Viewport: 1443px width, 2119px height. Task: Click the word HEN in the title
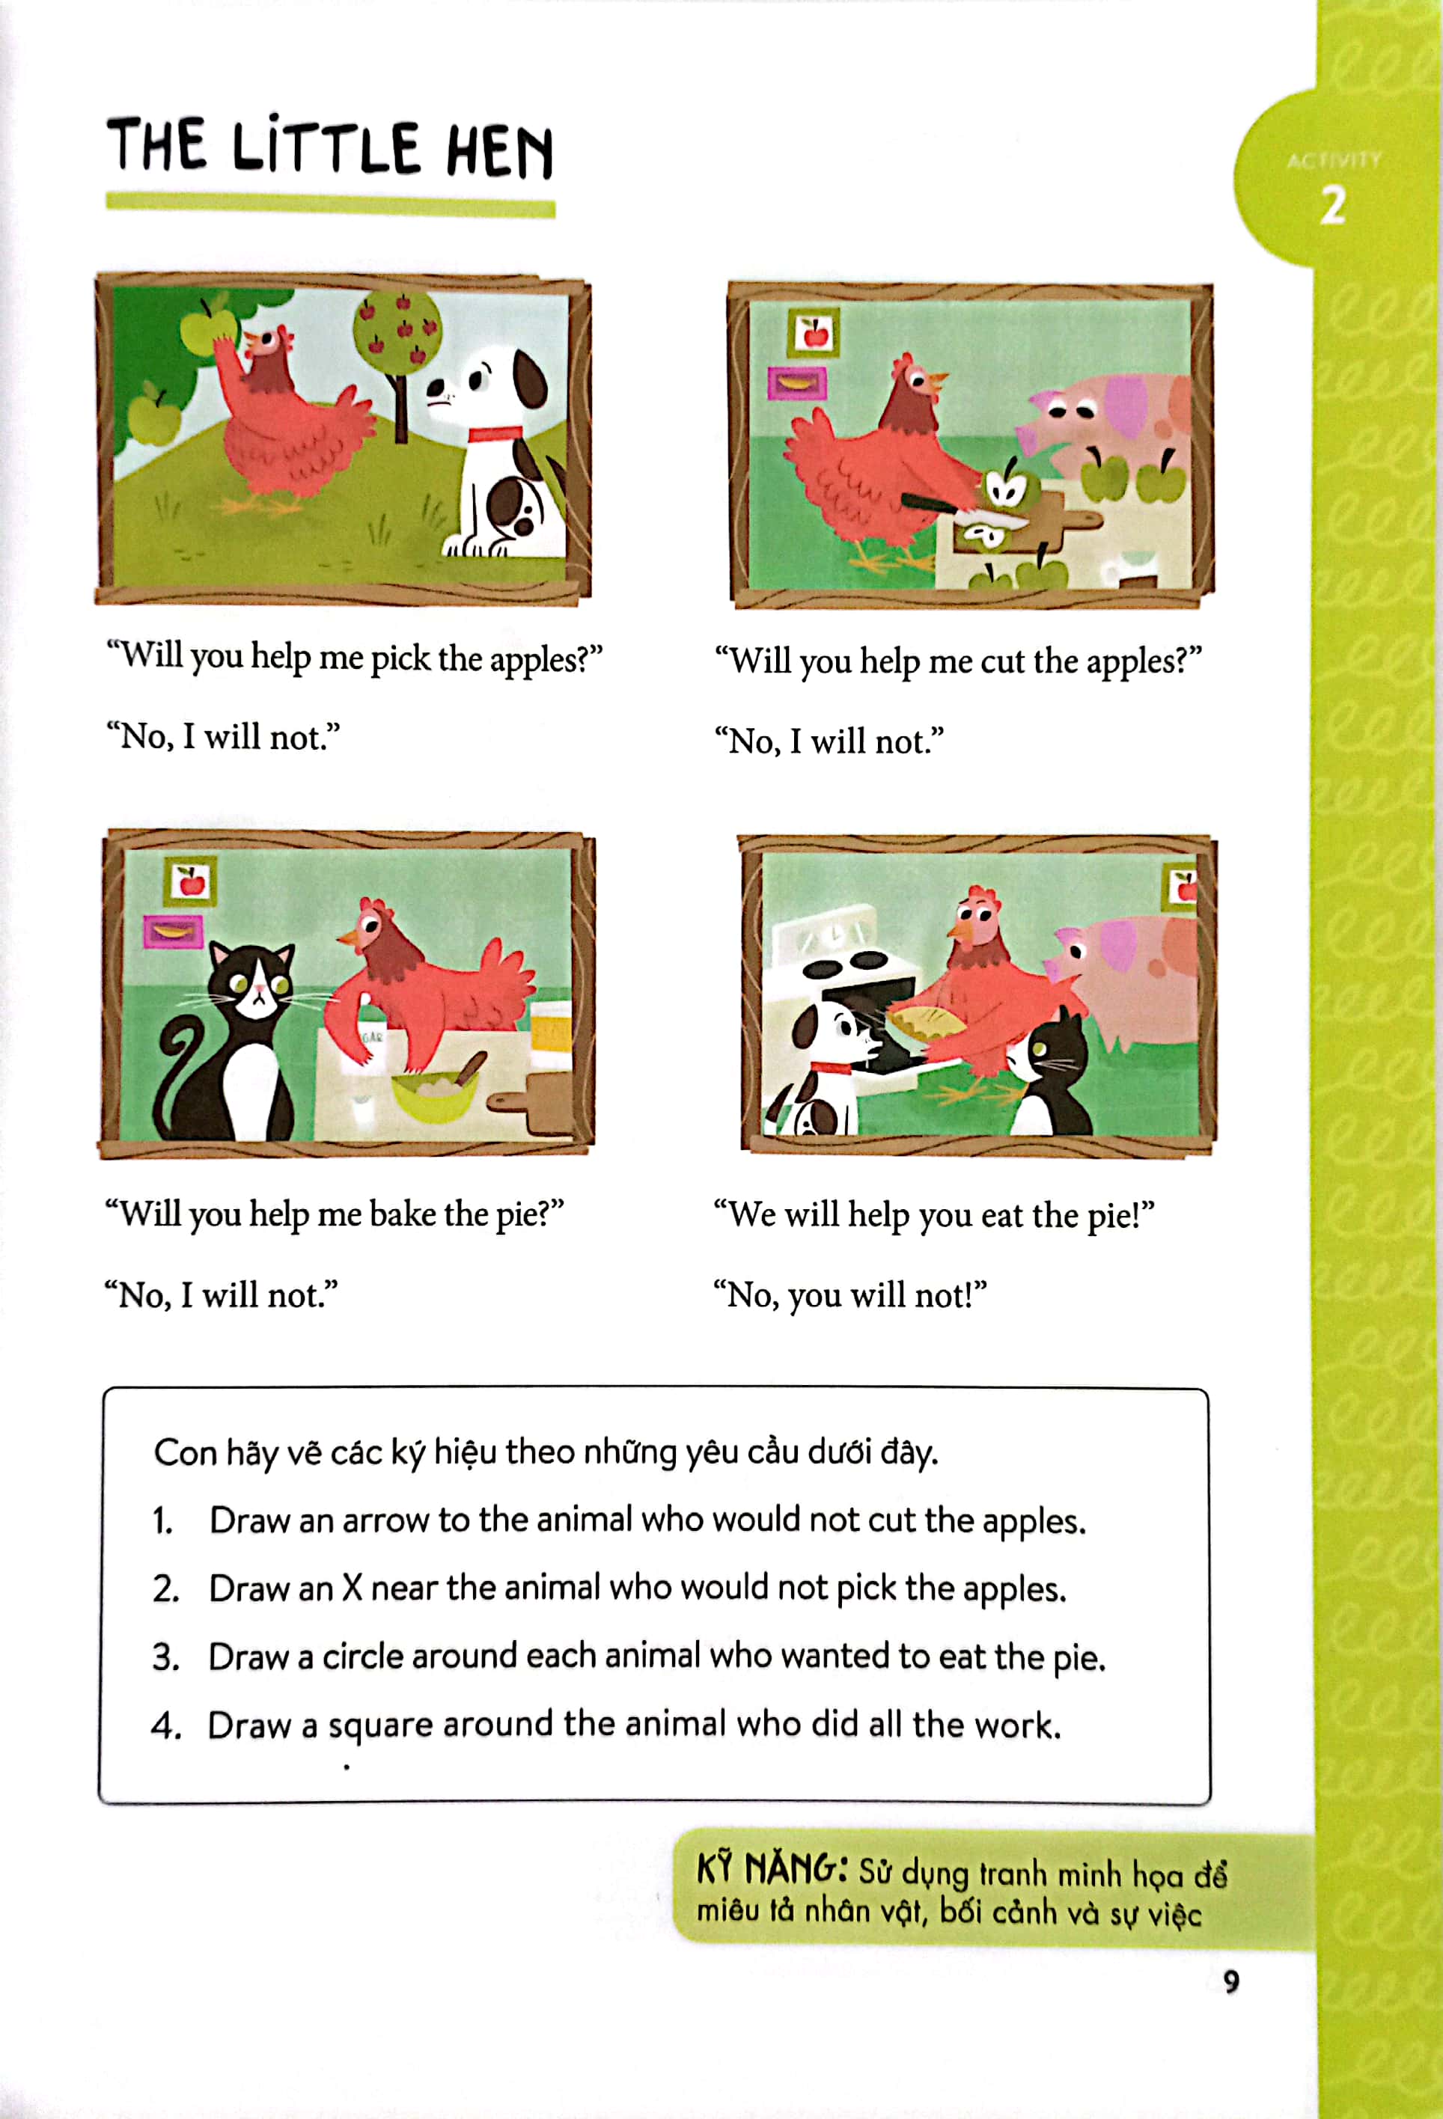tap(500, 150)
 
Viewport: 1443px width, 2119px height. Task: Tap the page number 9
tap(1231, 1981)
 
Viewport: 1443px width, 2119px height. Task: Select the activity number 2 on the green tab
tap(1333, 205)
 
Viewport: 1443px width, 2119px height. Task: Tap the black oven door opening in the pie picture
tap(870, 1012)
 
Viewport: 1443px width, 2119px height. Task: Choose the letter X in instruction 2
tap(352, 1589)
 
